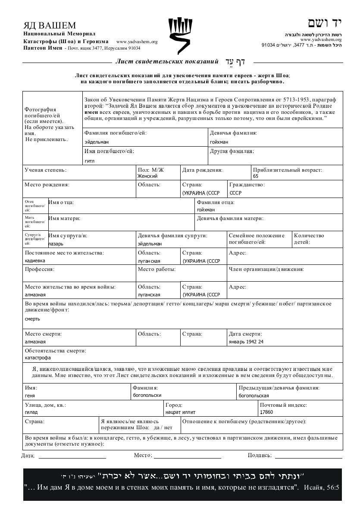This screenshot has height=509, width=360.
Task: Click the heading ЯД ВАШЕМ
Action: [x=50, y=25]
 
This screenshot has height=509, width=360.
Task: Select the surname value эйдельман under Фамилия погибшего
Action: [x=97, y=142]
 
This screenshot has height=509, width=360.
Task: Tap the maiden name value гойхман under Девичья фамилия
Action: [x=219, y=142]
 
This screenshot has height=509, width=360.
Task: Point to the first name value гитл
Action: [x=89, y=161]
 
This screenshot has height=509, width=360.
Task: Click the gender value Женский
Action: [x=147, y=176]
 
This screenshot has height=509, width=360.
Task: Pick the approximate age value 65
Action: [x=256, y=176]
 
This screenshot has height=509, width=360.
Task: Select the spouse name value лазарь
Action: [x=55, y=244]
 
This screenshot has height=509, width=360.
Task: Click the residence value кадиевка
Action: [x=35, y=261]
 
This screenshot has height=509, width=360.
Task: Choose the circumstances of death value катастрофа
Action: [x=38, y=358]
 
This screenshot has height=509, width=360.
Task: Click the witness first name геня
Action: [x=30, y=395]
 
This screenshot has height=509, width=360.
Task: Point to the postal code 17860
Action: [x=266, y=412]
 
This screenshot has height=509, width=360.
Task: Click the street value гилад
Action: [x=31, y=412]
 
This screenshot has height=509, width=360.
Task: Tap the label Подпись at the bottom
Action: [x=260, y=455]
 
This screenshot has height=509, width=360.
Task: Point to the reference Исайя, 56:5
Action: [x=322, y=487]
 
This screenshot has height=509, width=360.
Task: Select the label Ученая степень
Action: [x=46, y=170]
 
